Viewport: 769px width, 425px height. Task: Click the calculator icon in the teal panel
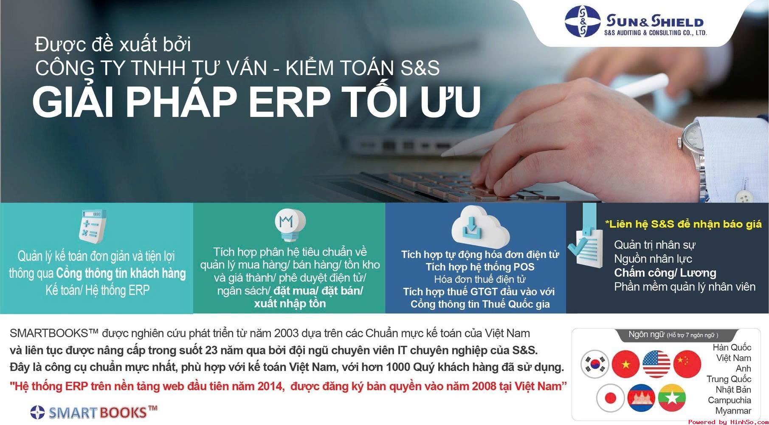93,225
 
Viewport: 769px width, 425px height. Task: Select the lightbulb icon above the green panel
290,223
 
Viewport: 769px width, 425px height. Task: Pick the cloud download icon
480,225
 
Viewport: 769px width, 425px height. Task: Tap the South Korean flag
594,364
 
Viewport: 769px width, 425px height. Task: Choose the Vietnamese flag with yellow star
625,364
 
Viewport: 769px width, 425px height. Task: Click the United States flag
656,364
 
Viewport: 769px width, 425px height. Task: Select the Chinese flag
687,364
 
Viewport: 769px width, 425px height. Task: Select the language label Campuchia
729,400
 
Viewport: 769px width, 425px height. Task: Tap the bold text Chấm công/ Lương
665,273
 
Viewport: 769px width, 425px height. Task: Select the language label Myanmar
733,411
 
